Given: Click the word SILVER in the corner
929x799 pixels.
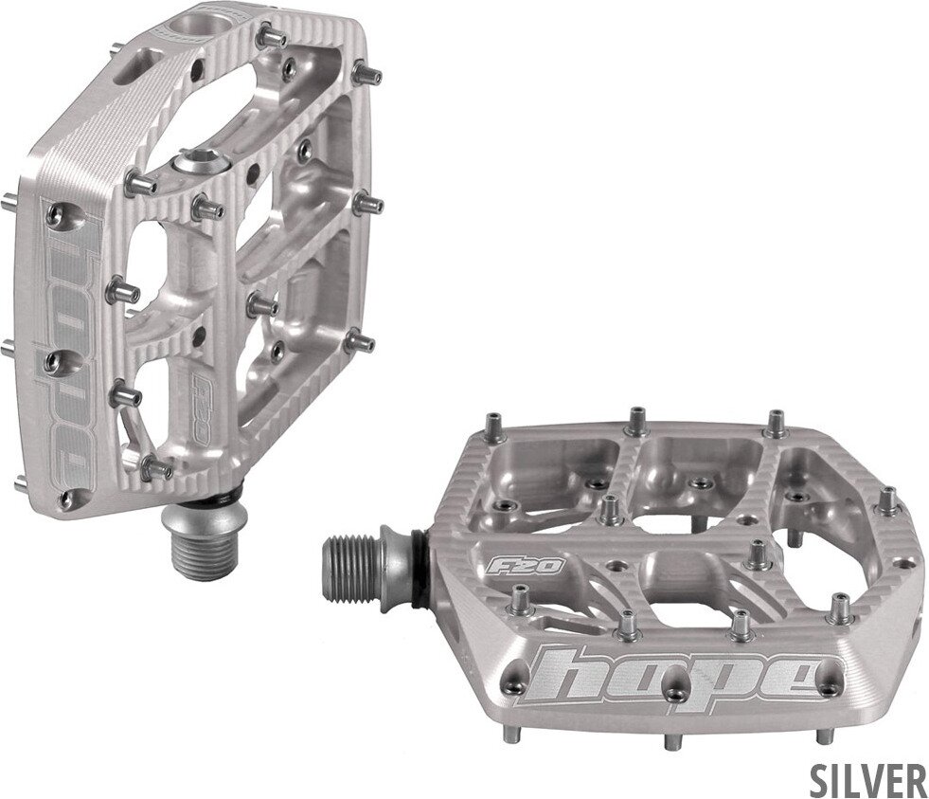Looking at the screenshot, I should (x=867, y=779).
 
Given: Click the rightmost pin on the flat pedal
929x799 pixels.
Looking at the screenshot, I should (x=888, y=499).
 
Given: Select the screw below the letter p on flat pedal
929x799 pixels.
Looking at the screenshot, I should (x=676, y=697).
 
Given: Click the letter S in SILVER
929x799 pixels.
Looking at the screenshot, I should (x=820, y=779).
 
